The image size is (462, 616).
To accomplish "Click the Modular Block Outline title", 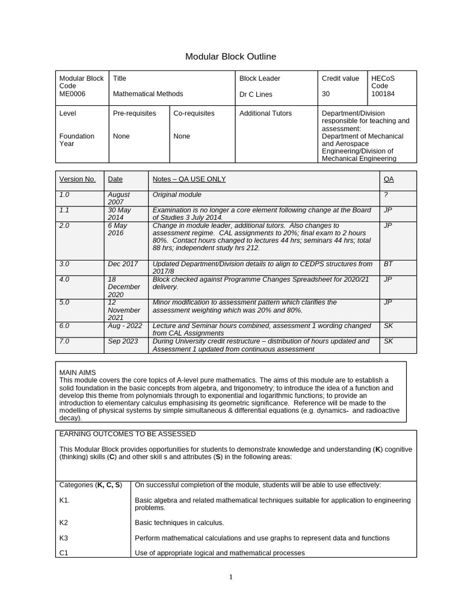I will point(230,57).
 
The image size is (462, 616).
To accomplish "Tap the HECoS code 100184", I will point(384,94).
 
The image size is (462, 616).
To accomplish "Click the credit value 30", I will point(327,94).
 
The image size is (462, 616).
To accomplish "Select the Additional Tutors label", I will point(265,113).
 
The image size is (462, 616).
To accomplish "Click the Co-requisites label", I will point(194,113).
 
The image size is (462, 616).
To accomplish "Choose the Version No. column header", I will point(77,179).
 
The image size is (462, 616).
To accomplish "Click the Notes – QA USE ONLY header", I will point(189,179).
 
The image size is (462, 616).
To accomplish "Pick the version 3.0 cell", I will point(64,264).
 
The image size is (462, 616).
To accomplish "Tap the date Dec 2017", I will point(123,264).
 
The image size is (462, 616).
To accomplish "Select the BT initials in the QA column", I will point(388,264).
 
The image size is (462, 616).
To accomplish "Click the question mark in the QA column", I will point(385,195).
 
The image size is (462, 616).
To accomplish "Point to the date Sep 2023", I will point(123,341).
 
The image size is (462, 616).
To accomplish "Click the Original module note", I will point(177,195).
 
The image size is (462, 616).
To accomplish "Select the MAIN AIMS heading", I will point(78,372).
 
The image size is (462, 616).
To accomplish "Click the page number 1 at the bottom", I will point(231,577).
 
